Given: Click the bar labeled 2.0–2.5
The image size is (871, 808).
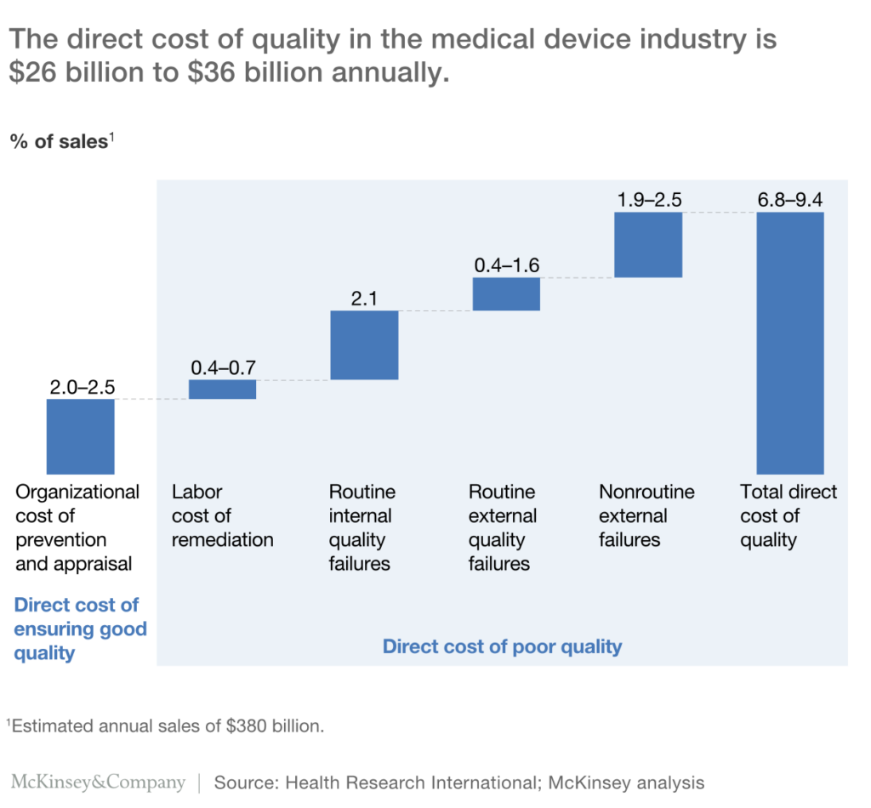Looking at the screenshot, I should click(80, 435).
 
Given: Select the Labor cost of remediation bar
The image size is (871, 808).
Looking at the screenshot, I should click(222, 389).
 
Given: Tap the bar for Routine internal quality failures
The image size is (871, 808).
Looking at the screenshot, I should click(363, 344).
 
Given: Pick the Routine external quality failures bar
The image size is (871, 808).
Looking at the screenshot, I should click(505, 293).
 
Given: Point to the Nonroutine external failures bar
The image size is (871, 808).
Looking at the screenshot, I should click(647, 244).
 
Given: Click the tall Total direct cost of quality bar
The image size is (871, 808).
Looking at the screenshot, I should click(789, 342).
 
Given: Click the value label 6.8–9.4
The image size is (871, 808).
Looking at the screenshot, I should click(789, 200).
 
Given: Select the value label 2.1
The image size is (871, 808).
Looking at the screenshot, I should click(363, 299).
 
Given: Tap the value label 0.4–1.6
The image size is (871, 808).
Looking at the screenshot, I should click(505, 265).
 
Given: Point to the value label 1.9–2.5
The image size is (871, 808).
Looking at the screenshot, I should click(647, 200).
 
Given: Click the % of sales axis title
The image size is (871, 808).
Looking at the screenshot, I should click(61, 141).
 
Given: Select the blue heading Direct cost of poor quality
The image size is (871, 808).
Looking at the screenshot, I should click(502, 646).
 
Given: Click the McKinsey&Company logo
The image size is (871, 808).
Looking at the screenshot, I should click(98, 782).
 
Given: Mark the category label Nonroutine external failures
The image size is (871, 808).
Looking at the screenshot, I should click(646, 515).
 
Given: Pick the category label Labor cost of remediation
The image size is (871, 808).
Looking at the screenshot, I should click(222, 515).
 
